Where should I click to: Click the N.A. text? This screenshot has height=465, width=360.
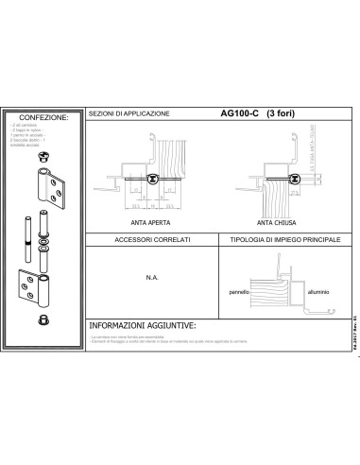tap(151, 279)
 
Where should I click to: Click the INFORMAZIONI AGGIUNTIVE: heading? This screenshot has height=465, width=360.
tap(143, 325)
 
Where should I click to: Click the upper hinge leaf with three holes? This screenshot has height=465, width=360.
tap(47, 191)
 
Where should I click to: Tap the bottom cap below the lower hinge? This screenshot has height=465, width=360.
tap(43, 321)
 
